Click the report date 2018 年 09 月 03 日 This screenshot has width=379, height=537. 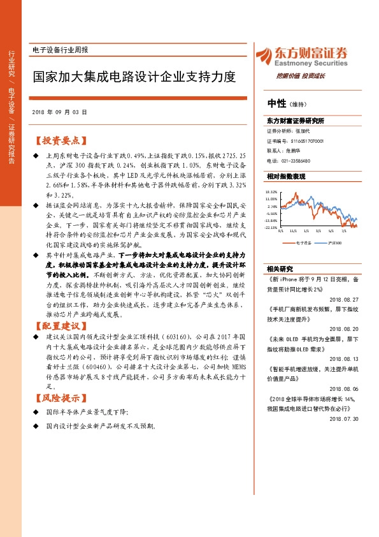tap(59, 112)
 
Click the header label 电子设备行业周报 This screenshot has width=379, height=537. tap(60, 50)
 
